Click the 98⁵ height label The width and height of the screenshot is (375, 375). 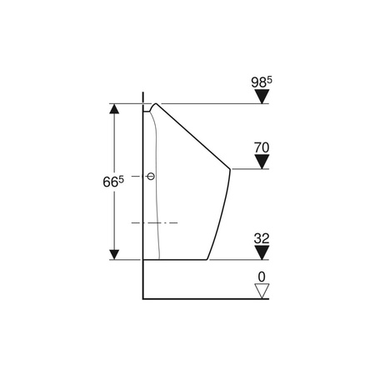tap(262, 82)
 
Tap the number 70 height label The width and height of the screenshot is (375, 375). tap(262, 147)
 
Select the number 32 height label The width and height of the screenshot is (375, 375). tap(262, 238)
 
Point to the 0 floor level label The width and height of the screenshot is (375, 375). tap(262, 277)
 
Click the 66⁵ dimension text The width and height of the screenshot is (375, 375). tap(113, 182)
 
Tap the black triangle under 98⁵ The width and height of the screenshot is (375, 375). tap(262, 97)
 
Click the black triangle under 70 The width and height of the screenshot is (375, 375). tap(262, 162)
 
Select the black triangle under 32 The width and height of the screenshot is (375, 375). tap(262, 252)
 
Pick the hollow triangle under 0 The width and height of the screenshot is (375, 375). tap(262, 291)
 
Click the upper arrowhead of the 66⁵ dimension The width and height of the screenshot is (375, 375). tap(114, 109)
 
